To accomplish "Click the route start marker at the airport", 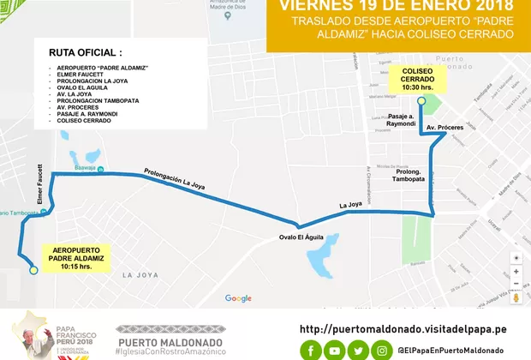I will point(33,270).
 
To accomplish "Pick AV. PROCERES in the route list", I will point(84,108).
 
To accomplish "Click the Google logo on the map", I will point(238,298).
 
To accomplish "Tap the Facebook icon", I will point(310,350).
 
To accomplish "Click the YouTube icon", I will point(335,350).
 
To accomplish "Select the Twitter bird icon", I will point(359,350).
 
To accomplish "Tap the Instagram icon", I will point(383,350).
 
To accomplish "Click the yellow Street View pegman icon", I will point(516,297).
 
